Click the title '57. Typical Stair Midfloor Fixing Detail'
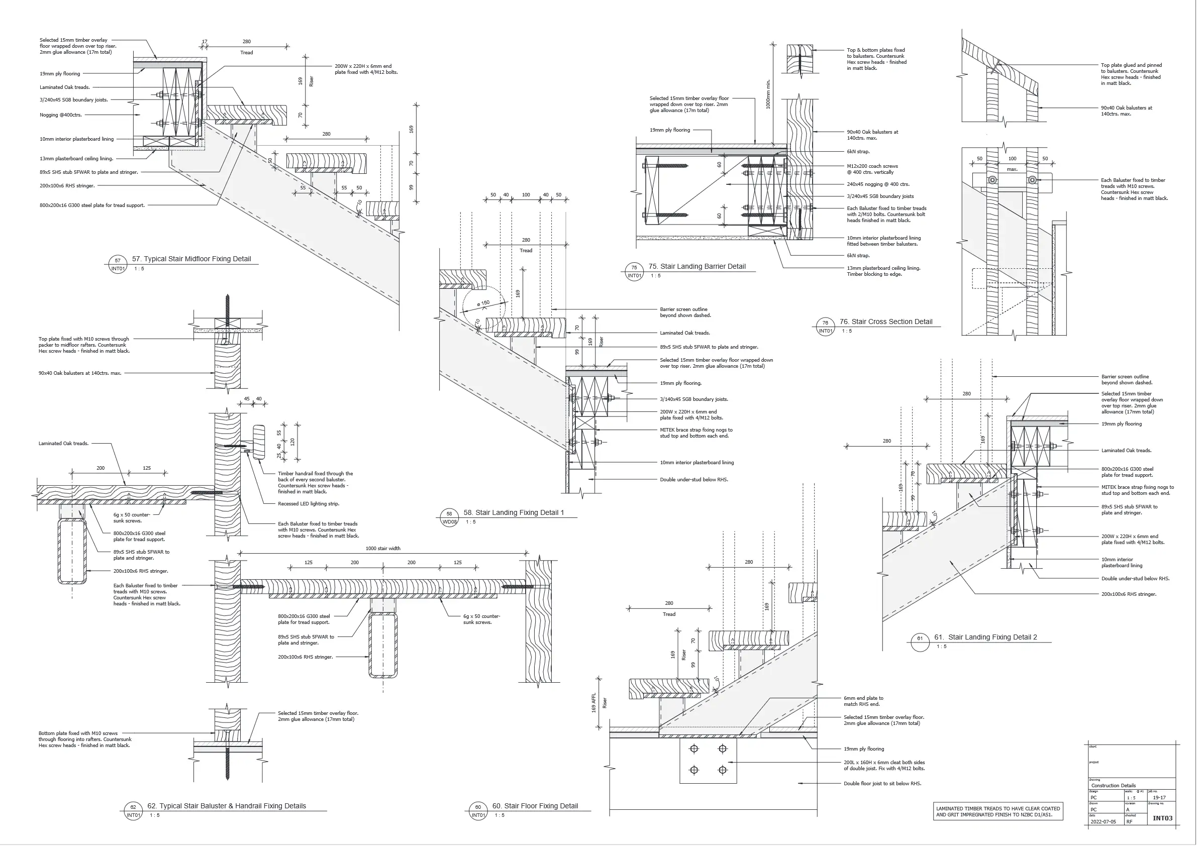(x=191, y=259)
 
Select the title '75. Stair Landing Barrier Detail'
(x=697, y=266)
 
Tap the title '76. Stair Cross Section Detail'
(x=886, y=322)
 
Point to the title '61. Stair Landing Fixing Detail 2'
(x=985, y=637)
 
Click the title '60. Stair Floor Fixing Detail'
(x=535, y=806)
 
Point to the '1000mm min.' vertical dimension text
(x=768, y=94)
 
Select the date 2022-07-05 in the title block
(x=1103, y=821)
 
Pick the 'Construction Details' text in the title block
(x=1113, y=785)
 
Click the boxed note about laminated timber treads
(x=998, y=812)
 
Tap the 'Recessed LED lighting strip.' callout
(x=308, y=504)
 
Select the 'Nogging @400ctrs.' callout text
(x=60, y=115)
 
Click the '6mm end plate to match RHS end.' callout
(x=863, y=701)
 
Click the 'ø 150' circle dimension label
(x=483, y=303)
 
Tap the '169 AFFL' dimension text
(x=594, y=703)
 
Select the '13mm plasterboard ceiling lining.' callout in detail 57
(x=76, y=158)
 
